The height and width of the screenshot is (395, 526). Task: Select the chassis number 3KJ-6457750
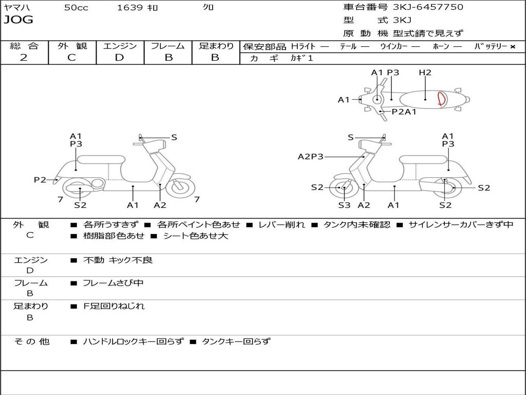428,7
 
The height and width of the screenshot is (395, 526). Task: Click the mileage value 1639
130,8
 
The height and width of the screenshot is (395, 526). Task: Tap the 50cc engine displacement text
76,8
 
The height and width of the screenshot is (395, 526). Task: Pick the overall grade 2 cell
24,58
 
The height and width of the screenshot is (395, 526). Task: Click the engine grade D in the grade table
119,58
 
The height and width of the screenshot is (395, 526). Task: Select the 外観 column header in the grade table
72,46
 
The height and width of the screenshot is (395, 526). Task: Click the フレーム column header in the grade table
167,46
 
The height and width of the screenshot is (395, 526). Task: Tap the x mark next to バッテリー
513,47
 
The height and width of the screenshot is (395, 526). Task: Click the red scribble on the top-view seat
441,98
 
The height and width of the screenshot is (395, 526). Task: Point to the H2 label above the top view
425,73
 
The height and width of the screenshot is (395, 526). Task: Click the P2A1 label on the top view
404,112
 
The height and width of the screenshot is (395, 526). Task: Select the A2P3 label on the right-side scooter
310,157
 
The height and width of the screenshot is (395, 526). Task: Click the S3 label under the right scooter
344,205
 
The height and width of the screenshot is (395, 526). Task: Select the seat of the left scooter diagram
101,159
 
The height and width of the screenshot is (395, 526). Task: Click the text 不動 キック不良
118,260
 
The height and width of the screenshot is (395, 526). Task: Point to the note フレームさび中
113,283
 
